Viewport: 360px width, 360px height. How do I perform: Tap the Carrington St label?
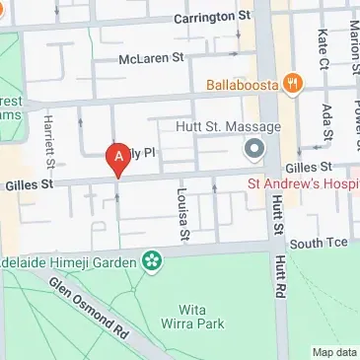(x=212, y=18)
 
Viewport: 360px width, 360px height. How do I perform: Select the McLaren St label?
(x=152, y=58)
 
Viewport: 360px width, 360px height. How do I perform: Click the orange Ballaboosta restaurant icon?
(x=291, y=85)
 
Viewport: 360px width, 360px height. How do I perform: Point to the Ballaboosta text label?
(x=243, y=85)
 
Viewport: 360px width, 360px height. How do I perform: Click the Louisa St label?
(x=181, y=214)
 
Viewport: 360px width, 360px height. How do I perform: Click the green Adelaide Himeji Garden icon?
(x=152, y=261)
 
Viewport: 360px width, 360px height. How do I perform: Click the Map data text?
(x=334, y=352)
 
